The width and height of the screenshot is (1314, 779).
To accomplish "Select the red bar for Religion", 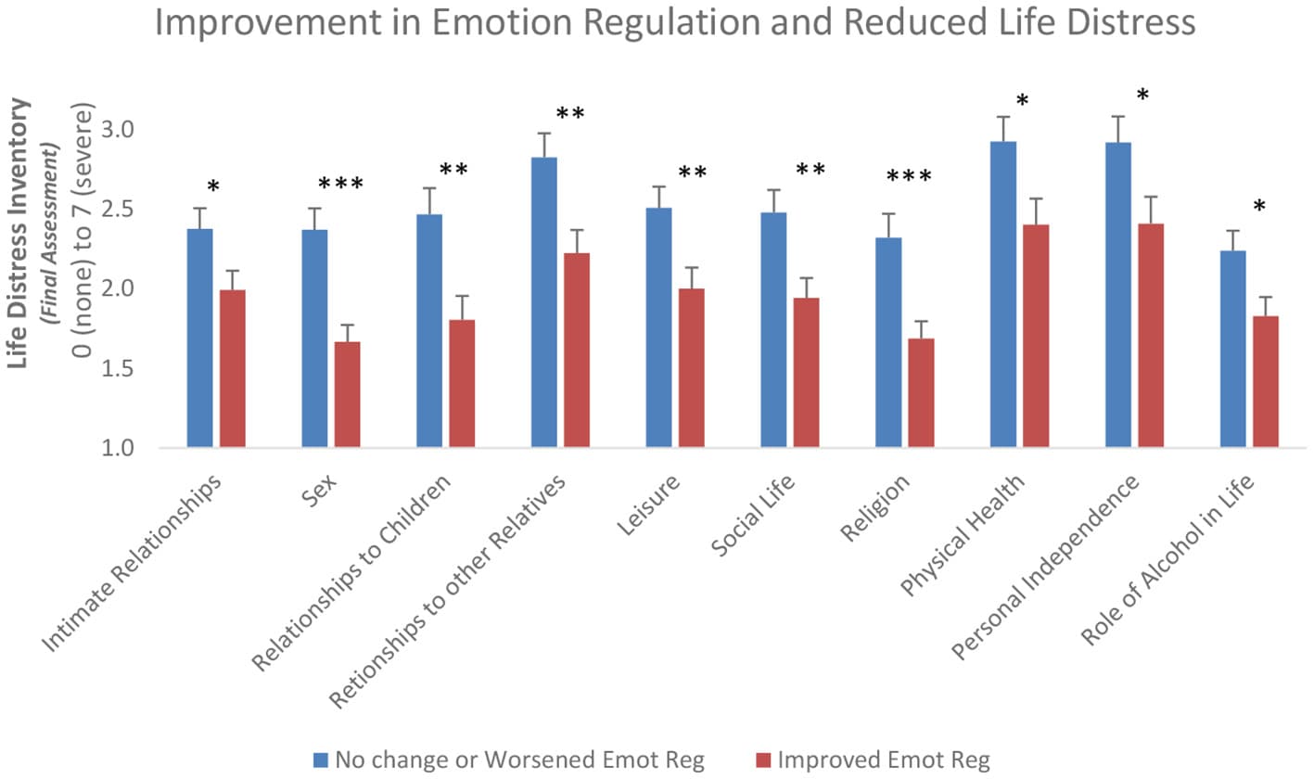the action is point(921,393).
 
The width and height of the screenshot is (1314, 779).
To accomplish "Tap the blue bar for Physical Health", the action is point(1003,295).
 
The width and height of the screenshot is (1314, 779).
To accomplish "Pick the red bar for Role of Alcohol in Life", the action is point(1265,382).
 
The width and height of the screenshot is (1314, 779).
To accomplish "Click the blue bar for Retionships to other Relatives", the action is point(543,302).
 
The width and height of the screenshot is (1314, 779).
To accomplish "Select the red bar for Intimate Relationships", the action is point(233,368).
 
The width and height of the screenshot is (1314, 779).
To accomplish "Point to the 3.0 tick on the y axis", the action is point(118,130).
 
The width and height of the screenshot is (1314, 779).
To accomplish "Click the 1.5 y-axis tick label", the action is point(118,368).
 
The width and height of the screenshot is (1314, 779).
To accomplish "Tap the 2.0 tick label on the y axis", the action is point(118,288).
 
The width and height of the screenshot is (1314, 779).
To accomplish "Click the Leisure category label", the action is point(649,505).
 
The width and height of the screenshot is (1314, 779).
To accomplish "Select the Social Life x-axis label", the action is point(753,515).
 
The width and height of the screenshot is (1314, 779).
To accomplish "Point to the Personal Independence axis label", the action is point(1045,567).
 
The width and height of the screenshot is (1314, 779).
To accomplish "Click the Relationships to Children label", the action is point(351,572).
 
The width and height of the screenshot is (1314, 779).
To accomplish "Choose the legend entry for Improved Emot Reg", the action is point(873,760).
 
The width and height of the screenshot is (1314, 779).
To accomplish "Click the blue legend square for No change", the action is point(320,760).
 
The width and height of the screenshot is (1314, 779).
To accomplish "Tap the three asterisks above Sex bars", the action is point(341,184).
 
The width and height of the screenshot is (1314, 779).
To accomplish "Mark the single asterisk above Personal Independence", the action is point(1142,95).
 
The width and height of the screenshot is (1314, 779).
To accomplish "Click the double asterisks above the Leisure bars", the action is point(692,172).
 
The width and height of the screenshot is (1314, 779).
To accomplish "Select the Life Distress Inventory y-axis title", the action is point(18,234).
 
